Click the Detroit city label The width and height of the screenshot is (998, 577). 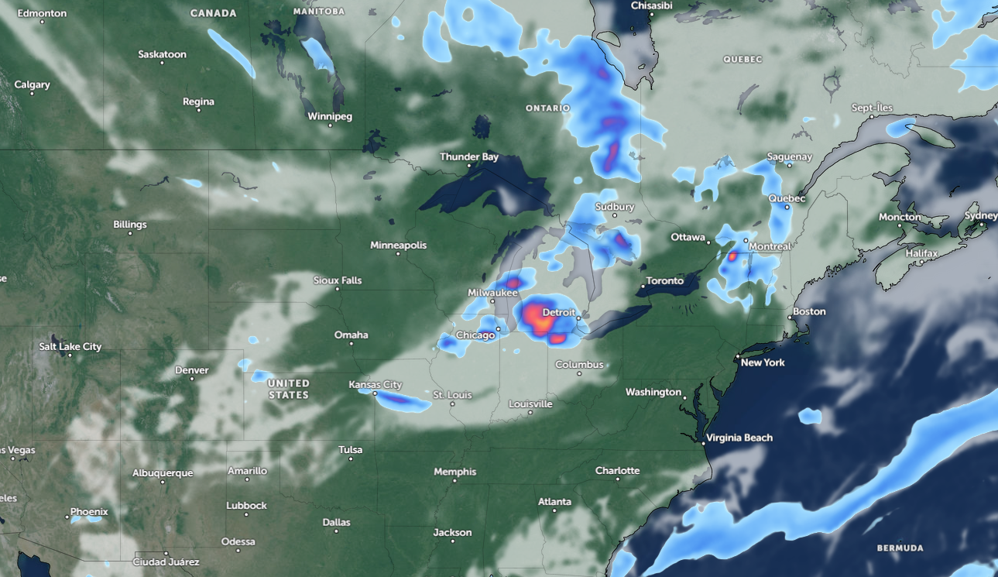[558, 312]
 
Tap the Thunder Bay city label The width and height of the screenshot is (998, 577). [469, 156]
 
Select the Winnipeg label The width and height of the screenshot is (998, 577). [330, 116]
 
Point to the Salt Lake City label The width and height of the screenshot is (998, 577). [70, 346]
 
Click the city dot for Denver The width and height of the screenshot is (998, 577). [192, 380]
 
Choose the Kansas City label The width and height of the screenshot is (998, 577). [376, 384]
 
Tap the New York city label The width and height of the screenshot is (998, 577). [763, 362]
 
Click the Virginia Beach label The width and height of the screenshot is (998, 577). [739, 438]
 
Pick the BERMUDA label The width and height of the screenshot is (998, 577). [900, 548]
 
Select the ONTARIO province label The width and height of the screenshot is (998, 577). [548, 108]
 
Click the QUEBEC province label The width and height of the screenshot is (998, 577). [742, 59]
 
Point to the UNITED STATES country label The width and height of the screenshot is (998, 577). [289, 389]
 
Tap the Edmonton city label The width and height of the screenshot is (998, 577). [42, 13]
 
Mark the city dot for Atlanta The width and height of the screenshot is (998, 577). [555, 511]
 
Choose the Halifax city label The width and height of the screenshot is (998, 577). [921, 253]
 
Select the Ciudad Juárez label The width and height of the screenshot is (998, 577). [166, 562]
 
